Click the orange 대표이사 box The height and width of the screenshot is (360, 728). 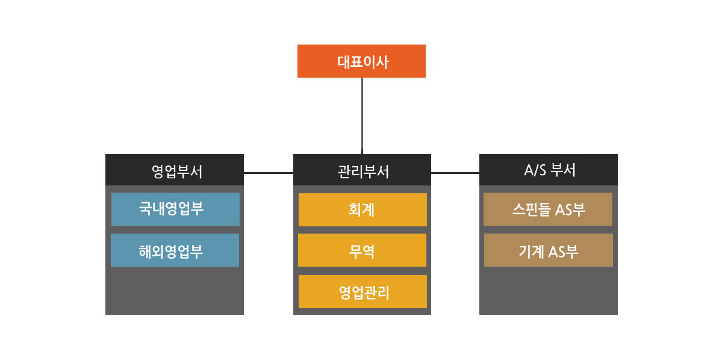pyautogui.click(x=361, y=61)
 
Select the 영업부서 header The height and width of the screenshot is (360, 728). pyautogui.click(x=175, y=170)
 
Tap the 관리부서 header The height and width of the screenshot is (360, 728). pyautogui.click(x=362, y=170)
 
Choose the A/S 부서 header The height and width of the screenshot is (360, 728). pyautogui.click(x=549, y=170)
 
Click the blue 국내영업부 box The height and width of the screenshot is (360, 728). pyautogui.click(x=175, y=209)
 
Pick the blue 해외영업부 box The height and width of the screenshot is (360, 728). pyautogui.click(x=175, y=250)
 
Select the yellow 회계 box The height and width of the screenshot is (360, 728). pyautogui.click(x=362, y=209)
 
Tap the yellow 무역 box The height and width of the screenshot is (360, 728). pyautogui.click(x=362, y=250)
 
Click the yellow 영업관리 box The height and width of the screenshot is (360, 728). pyautogui.click(x=362, y=292)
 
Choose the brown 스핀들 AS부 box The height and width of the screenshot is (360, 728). pyautogui.click(x=548, y=209)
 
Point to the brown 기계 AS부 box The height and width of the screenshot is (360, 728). pyautogui.click(x=549, y=250)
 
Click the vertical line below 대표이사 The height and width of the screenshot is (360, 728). pyautogui.click(x=362, y=114)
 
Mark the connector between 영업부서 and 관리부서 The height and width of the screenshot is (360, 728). pyautogui.click(x=269, y=173)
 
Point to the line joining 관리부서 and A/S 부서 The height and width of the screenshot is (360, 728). pyautogui.click(x=455, y=173)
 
